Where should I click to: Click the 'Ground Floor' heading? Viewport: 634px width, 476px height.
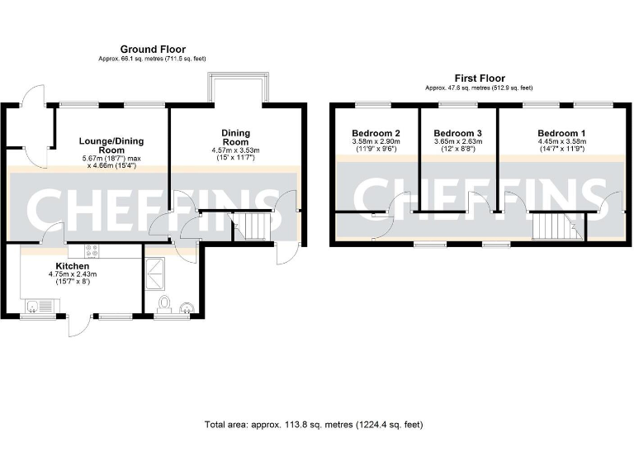(153, 50)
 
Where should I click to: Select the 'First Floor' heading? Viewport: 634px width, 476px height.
(479, 79)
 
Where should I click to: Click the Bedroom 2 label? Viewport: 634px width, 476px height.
(376, 133)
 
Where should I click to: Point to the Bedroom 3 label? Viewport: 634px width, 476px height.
(457, 133)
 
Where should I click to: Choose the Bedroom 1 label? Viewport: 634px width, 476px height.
(561, 133)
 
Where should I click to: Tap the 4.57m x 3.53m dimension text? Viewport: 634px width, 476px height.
(235, 150)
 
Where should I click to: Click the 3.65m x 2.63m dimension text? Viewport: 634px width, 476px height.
(457, 142)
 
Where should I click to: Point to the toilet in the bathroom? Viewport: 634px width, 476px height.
(165, 305)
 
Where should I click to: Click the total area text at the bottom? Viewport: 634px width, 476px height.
(314, 425)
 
